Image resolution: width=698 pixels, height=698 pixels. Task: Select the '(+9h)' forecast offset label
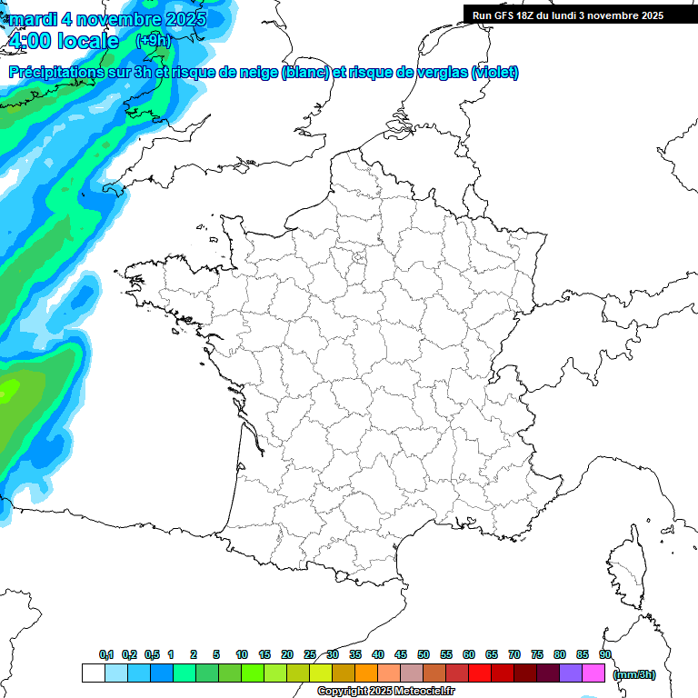[x=152, y=40]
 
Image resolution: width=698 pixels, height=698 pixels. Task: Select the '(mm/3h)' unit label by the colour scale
[x=634, y=673]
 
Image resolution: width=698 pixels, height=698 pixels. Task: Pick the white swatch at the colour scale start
[x=93, y=673]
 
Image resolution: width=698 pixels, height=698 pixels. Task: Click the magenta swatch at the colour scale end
[x=593, y=673]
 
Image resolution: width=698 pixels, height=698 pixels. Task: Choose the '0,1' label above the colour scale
[x=106, y=654]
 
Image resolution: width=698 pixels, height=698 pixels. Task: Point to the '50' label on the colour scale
[x=424, y=654]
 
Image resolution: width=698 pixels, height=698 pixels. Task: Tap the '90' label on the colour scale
[x=605, y=654]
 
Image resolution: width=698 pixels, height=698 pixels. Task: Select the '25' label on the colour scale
[x=310, y=654]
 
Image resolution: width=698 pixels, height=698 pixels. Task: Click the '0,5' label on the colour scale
[x=152, y=654]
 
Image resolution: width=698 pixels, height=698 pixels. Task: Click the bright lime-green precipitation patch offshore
[x=7, y=391]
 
